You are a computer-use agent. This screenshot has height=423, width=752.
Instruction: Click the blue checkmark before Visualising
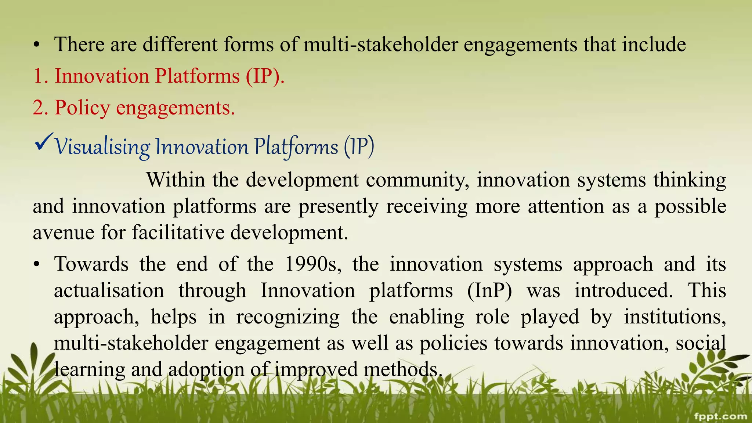click(43, 143)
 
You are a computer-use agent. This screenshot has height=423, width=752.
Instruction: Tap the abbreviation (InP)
click(489, 290)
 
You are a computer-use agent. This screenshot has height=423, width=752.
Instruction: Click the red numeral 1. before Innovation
click(40, 76)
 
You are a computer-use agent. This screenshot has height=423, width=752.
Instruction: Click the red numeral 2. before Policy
click(40, 108)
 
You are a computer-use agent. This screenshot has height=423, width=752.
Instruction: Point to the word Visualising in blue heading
click(102, 147)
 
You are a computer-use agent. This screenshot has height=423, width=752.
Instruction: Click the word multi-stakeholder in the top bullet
click(381, 44)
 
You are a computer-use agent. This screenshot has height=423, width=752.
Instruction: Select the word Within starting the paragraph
click(176, 180)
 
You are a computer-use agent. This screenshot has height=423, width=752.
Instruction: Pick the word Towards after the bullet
click(91, 264)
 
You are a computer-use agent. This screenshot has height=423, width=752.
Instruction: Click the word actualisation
click(109, 290)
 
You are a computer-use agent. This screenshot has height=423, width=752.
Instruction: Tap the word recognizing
click(288, 317)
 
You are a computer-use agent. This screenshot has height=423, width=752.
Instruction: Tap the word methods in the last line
click(403, 369)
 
